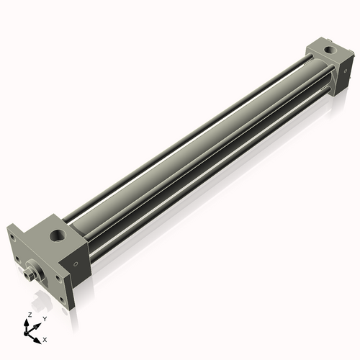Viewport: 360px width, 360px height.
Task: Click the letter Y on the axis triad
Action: tap(45, 318)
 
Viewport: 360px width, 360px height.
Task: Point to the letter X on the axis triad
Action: tap(45, 338)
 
